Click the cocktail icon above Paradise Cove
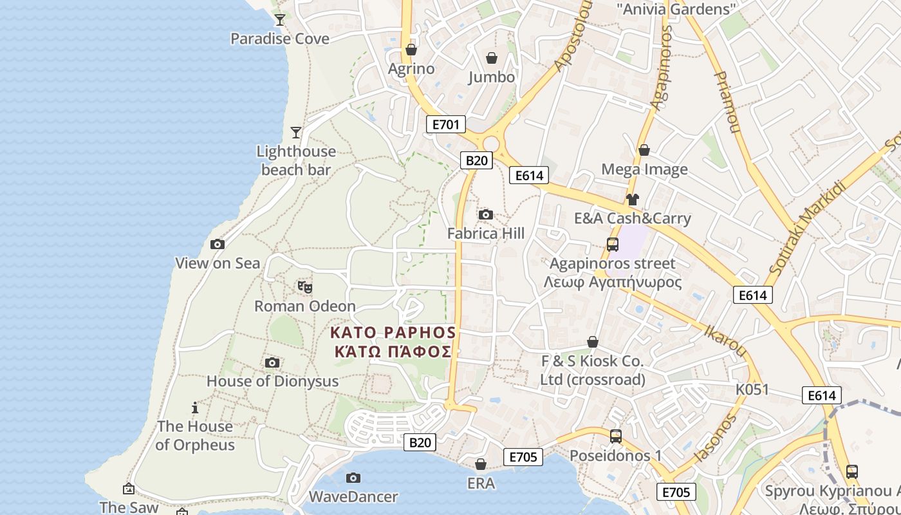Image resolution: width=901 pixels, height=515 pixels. click(x=279, y=19)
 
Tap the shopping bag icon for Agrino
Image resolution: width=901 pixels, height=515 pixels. click(x=411, y=50)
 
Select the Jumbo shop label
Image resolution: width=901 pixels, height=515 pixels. click(x=492, y=77)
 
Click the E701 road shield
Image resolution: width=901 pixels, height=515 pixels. click(x=445, y=124)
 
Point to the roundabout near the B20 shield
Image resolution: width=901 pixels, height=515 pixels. click(x=491, y=143)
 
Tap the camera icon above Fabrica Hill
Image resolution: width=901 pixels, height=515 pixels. click(x=486, y=214)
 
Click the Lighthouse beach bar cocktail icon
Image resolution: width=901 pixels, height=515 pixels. click(x=295, y=133)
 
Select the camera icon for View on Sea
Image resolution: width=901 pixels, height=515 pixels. click(x=218, y=244)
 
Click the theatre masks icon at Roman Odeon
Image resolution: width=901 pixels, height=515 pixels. click(x=305, y=286)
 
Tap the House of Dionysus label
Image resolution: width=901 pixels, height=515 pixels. click(x=272, y=381)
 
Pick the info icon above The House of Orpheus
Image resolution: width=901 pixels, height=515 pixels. click(x=195, y=407)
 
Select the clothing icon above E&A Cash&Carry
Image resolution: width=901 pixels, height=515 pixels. click(x=633, y=200)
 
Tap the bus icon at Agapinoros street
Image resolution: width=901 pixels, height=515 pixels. click(x=613, y=245)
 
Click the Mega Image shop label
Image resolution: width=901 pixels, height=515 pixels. click(x=644, y=169)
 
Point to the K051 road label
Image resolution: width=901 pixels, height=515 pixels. click(x=752, y=389)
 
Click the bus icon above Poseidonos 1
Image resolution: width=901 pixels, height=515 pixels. click(x=616, y=436)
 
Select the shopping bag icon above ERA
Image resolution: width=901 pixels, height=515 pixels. click(x=481, y=464)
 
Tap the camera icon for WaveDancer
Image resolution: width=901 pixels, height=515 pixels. click(x=353, y=478)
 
